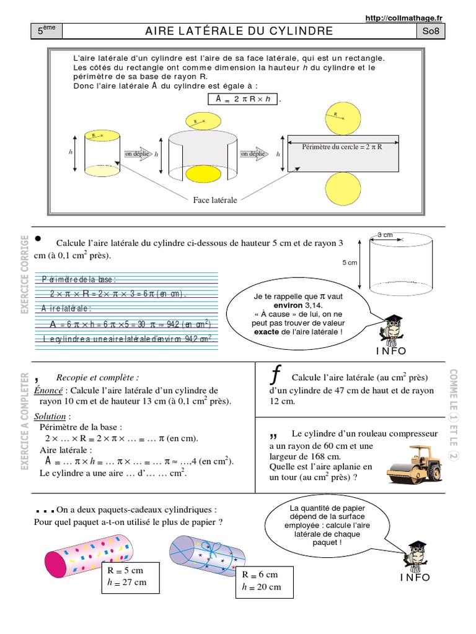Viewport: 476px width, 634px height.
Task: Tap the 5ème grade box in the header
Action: tap(46, 31)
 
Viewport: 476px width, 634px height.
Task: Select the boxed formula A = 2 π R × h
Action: tap(243, 99)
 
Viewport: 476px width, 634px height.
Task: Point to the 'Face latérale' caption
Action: tap(215, 201)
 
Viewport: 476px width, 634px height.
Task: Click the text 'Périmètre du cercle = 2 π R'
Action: tap(341, 147)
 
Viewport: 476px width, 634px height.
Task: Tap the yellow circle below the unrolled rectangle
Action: tap(342, 189)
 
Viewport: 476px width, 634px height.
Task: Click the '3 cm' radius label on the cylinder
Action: tap(386, 235)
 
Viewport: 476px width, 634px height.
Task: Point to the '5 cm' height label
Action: tap(350, 263)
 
